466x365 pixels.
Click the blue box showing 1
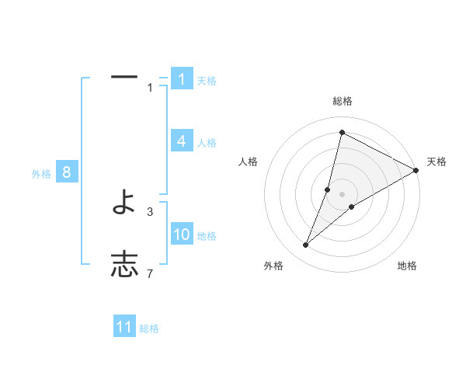[182, 79]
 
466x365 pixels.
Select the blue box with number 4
[182, 141]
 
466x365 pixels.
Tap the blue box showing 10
[182, 235]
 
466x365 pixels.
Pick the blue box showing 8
[67, 172]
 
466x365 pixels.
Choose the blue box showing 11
[124, 327]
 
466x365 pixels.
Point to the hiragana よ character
[124, 203]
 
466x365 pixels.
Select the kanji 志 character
[124, 265]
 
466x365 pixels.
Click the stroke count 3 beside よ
[150, 211]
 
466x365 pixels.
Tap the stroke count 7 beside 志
[150, 273]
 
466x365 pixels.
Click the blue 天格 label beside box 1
[207, 81]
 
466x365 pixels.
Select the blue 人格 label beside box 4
[207, 143]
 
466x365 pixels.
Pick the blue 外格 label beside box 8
[41, 174]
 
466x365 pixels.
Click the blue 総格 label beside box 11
[149, 328]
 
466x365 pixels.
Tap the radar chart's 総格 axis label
[342, 101]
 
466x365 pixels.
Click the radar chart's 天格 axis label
[436, 162]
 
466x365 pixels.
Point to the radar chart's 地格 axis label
[407, 266]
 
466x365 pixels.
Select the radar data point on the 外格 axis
[306, 245]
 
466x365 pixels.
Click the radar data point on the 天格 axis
[416, 170]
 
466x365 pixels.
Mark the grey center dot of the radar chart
[342, 194]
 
